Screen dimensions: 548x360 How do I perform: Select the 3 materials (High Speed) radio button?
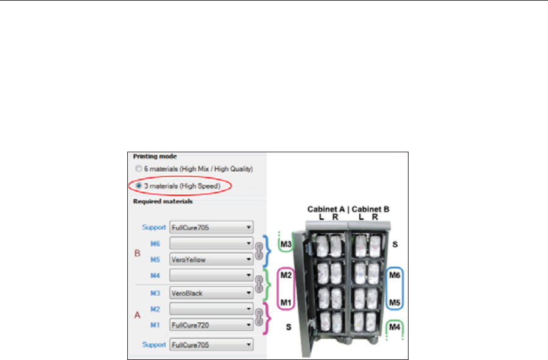pos(139,185)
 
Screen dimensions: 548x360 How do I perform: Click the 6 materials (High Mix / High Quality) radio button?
pos(139,168)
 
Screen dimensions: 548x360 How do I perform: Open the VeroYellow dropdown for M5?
pos(211,259)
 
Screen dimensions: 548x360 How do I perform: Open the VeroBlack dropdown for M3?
pos(211,293)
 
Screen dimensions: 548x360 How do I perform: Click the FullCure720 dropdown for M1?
pos(211,326)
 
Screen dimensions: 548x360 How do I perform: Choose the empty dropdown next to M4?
pos(211,276)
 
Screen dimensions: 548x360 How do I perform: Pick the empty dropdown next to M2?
pos(211,309)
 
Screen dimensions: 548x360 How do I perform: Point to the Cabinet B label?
pos(370,210)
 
